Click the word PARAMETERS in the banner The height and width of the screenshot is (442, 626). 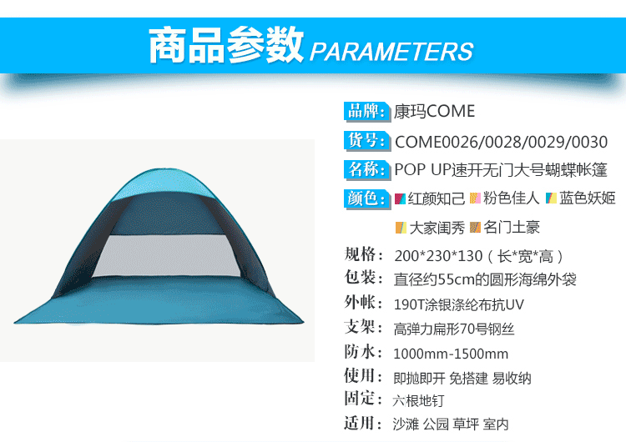pyautogui.click(x=391, y=52)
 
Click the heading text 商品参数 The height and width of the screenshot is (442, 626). pyautogui.click(x=226, y=45)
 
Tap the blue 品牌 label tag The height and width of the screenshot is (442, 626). pyautogui.click(x=367, y=111)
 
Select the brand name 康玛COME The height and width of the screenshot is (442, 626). pyautogui.click(x=434, y=111)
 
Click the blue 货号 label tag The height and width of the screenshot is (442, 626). pyautogui.click(x=367, y=141)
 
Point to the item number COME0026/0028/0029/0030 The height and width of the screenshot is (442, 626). pyautogui.click(x=501, y=142)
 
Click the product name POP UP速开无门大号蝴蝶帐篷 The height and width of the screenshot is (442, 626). pyautogui.click(x=501, y=170)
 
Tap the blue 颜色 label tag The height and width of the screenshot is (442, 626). pyautogui.click(x=367, y=198)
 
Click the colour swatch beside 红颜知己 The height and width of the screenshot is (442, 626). pyautogui.click(x=400, y=198)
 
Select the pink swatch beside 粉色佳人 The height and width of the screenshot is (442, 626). pyautogui.click(x=475, y=198)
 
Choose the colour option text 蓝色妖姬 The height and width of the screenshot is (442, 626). pyautogui.click(x=587, y=198)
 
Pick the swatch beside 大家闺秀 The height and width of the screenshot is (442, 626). pyautogui.click(x=401, y=228)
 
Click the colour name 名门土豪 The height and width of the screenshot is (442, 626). pyautogui.click(x=512, y=228)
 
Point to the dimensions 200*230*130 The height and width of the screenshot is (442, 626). pyautogui.click(x=438, y=256)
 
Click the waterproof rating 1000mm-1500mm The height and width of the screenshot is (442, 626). pyautogui.click(x=451, y=354)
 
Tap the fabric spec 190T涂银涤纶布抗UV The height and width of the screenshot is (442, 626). pyautogui.click(x=459, y=304)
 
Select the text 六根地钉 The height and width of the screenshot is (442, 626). pyautogui.click(x=418, y=400)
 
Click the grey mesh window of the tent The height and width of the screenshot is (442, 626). pyautogui.click(x=166, y=255)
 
